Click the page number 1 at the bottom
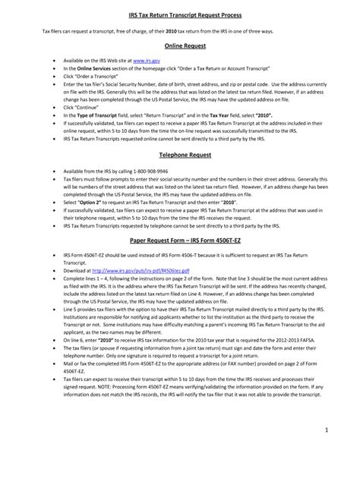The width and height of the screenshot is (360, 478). (346, 451)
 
